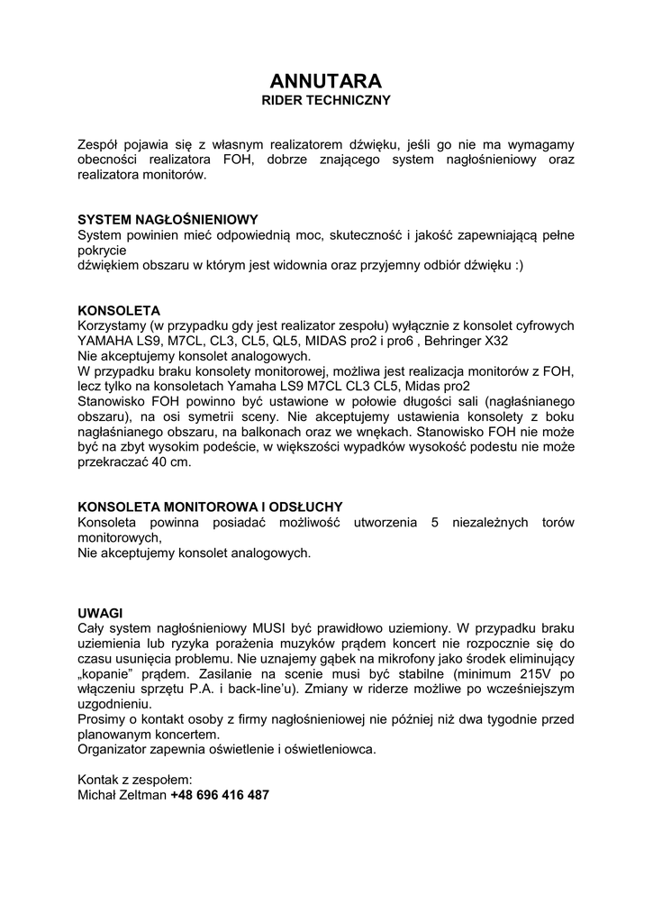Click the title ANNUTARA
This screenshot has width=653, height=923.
326,80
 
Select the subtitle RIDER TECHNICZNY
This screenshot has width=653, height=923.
326,100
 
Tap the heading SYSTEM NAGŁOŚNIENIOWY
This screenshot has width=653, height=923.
168,219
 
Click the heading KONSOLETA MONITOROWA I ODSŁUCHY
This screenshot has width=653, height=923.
211,507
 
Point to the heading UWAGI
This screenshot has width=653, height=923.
100,612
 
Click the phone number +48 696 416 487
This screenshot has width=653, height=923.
220,795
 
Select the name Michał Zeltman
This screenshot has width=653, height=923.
122,795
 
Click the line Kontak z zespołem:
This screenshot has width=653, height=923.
135,780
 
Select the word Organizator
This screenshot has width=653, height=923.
114,749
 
